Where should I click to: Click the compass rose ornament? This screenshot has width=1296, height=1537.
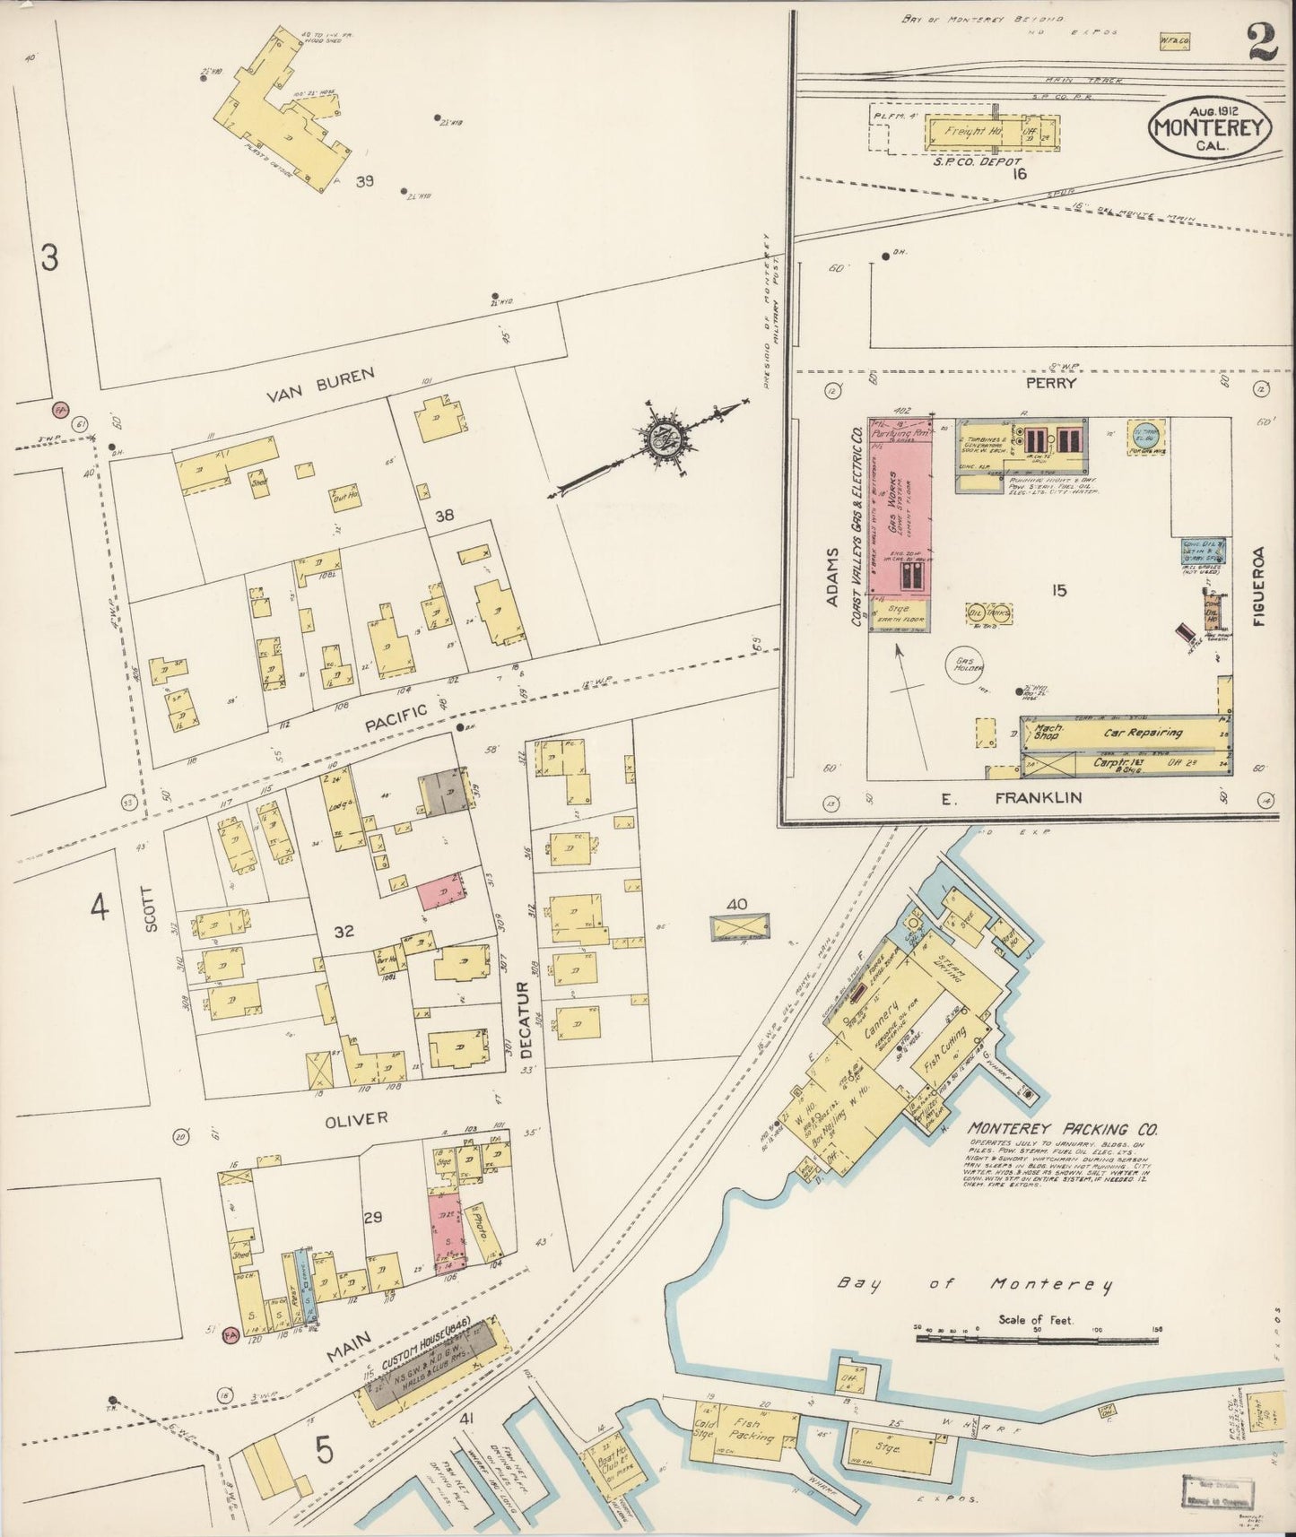[x=666, y=441]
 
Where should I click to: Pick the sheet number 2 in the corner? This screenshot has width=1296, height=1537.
[x=1261, y=42]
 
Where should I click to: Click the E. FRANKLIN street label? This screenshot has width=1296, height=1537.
[x=1024, y=797]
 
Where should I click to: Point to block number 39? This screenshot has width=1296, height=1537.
[x=363, y=181]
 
